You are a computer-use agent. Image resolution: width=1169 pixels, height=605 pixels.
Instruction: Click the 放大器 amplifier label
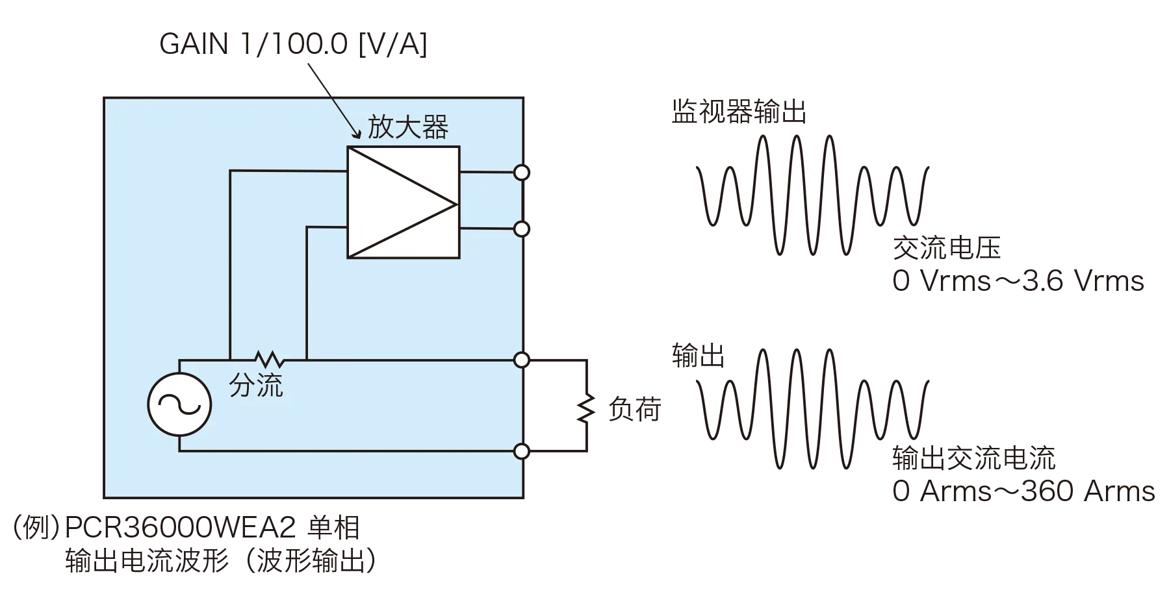coord(407,127)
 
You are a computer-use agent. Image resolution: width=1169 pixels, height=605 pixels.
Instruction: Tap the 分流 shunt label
coord(256,386)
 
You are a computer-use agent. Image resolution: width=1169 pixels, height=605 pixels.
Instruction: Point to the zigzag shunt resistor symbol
coord(268,359)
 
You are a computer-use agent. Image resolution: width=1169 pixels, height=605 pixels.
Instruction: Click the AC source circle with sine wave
coord(179,404)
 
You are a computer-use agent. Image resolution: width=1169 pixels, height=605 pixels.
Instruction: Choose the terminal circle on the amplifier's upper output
coord(521,172)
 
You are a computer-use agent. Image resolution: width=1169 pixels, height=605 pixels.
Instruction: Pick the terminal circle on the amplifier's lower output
coord(521,228)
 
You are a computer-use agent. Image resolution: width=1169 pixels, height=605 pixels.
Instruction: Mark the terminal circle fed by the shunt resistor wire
coord(521,359)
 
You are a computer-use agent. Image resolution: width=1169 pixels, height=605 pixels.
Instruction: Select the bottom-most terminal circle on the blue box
coord(521,451)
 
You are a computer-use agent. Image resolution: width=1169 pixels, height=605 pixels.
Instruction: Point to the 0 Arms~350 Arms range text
coord(1023,492)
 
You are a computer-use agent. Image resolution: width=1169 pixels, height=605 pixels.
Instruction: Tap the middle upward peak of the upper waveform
coord(796,153)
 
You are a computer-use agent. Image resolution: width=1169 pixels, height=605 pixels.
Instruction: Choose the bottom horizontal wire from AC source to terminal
coord(351,451)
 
